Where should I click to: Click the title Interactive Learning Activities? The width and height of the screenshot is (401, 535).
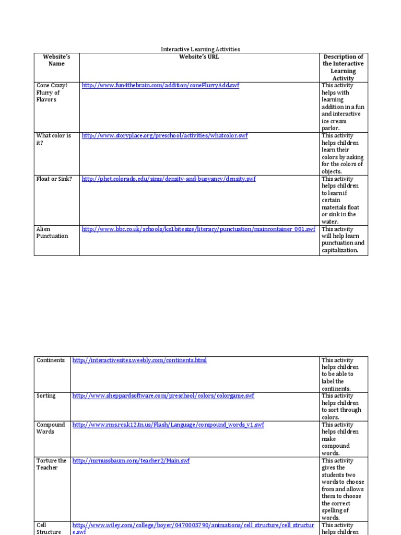click(200, 49)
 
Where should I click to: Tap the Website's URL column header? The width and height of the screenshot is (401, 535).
click(199, 57)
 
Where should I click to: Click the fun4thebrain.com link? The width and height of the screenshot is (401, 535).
click(160, 85)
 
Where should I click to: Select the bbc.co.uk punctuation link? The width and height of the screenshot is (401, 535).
click(198, 229)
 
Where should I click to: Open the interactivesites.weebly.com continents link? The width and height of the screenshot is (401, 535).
click(139, 360)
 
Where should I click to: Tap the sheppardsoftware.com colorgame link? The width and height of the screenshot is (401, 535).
click(163, 396)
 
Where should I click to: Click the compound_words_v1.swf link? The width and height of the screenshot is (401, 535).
click(168, 425)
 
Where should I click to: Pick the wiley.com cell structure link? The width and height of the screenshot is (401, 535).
click(193, 525)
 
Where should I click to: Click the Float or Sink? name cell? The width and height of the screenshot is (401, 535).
click(54, 179)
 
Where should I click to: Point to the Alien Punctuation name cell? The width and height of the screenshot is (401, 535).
click(52, 232)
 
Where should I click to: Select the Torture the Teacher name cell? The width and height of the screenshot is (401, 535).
click(51, 464)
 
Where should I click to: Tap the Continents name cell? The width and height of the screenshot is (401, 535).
click(51, 360)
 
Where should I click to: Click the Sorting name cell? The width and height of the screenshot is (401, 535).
click(46, 396)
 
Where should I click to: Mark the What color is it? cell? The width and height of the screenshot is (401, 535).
click(54, 139)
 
